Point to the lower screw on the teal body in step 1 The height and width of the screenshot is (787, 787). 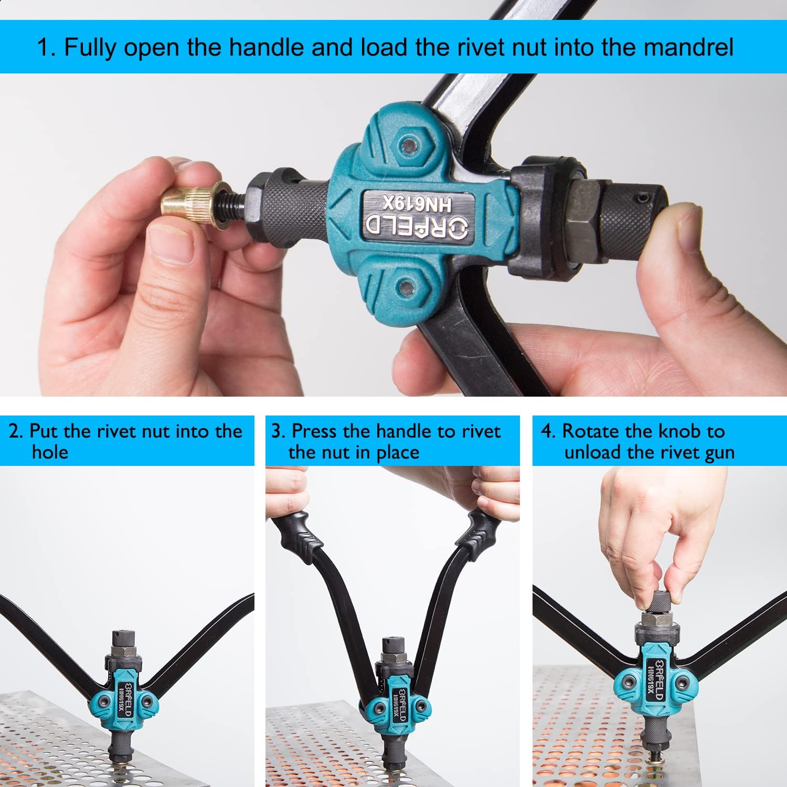pyautogui.click(x=406, y=287)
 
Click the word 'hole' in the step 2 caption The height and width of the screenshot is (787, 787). pyautogui.click(x=50, y=452)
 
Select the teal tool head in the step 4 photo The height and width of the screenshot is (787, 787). pyautogui.click(x=654, y=680)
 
